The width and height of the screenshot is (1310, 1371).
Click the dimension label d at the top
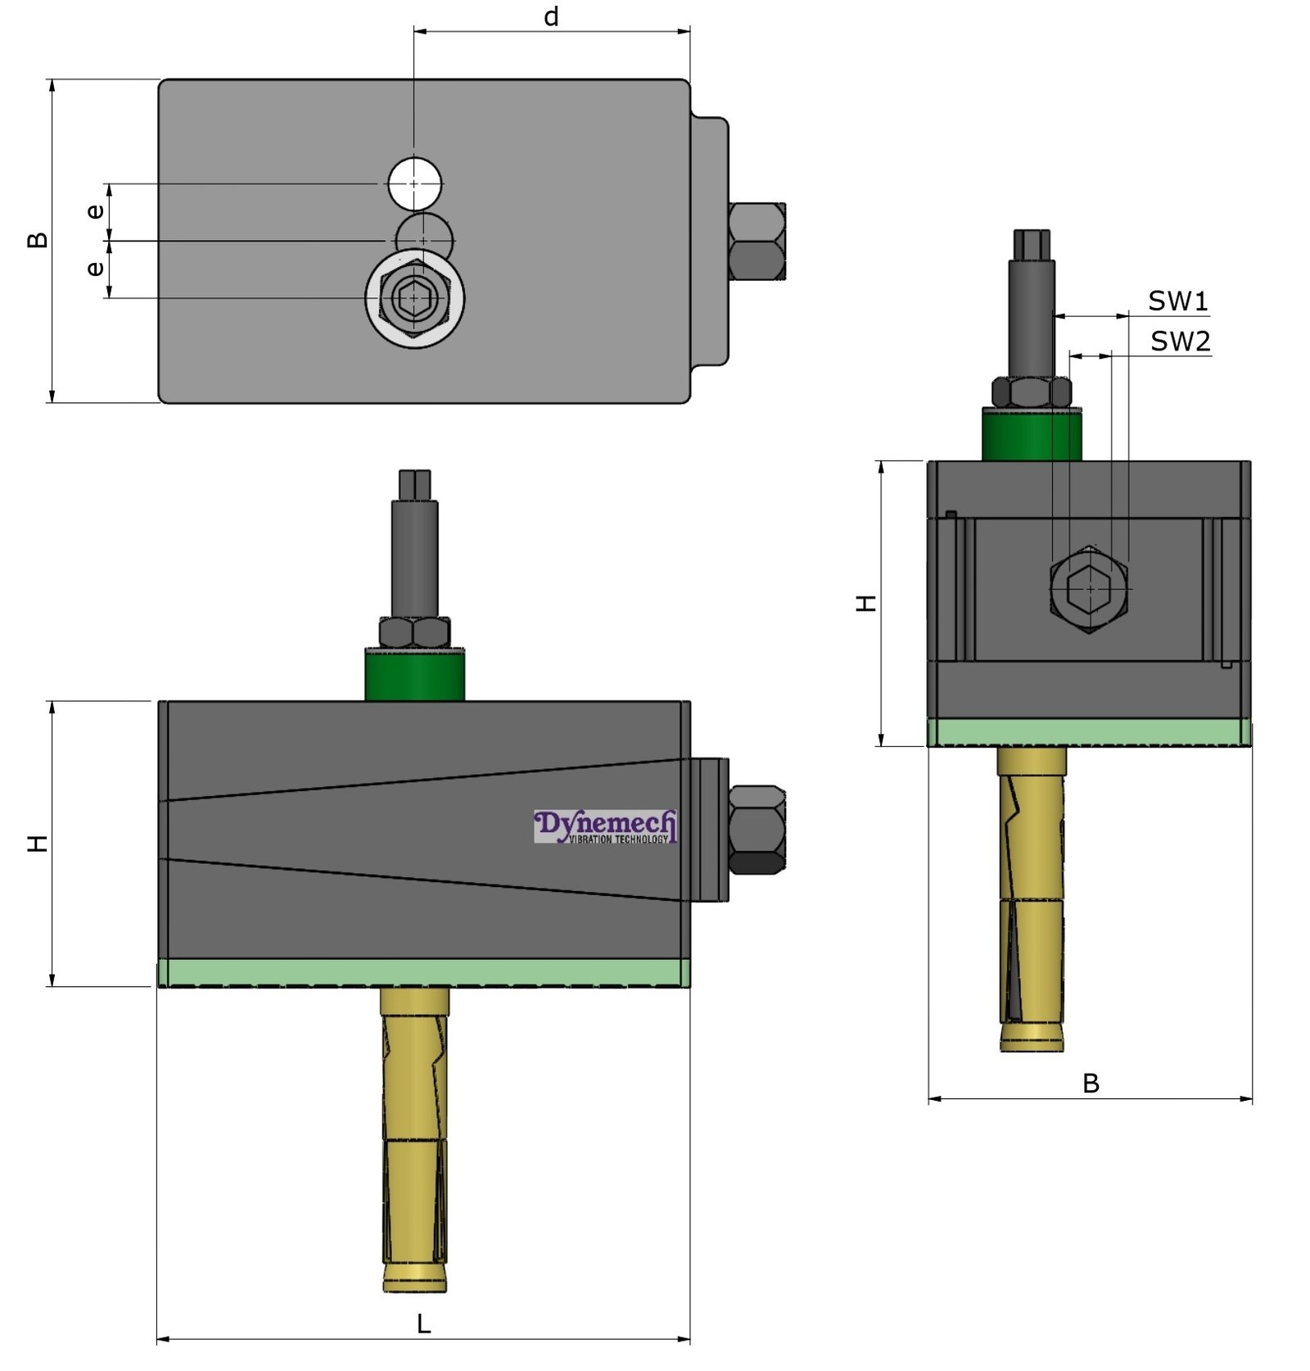click(x=551, y=16)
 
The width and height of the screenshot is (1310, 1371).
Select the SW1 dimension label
click(x=1177, y=301)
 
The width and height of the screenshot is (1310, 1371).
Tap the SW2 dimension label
click(x=1179, y=341)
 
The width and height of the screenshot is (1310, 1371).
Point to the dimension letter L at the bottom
click(x=422, y=1323)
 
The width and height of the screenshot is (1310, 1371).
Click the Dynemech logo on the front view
click(x=605, y=826)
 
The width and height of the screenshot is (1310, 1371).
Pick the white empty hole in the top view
click(x=414, y=183)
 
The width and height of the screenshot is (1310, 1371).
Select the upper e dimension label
click(x=95, y=211)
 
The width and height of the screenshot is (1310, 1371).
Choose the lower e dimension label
click(x=95, y=268)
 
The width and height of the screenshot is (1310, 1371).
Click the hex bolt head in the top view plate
click(x=414, y=298)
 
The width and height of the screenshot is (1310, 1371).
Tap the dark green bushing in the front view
click(x=414, y=674)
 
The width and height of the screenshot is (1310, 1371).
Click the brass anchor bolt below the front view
click(x=414, y=1138)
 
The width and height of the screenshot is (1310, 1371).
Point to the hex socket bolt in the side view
click(x=1089, y=588)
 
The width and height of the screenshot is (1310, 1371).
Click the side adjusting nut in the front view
click(x=757, y=829)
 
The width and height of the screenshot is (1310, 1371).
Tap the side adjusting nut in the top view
click(x=757, y=242)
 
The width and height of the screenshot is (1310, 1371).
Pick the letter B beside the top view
click(x=37, y=240)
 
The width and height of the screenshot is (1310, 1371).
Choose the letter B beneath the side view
click(x=1090, y=1084)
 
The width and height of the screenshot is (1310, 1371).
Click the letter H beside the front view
click(x=37, y=844)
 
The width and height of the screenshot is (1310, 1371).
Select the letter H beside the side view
click(x=865, y=604)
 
